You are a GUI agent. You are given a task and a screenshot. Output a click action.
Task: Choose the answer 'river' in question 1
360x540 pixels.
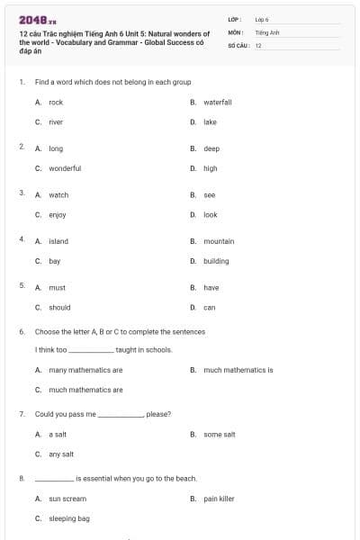56,121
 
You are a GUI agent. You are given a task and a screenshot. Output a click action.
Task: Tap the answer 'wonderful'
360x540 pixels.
65,168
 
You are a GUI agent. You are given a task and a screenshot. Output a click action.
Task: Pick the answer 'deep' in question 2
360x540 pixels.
211,148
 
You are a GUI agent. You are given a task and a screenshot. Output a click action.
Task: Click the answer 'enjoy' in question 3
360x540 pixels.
58,215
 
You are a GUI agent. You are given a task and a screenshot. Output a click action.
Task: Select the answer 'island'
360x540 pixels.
58,241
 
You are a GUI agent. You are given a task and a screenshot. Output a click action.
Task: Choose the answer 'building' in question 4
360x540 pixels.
216,261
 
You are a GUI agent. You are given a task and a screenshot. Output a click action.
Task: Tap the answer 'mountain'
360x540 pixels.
219,241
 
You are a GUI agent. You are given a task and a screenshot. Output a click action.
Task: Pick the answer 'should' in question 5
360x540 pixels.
59,308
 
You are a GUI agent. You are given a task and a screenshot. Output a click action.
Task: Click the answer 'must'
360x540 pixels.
57,288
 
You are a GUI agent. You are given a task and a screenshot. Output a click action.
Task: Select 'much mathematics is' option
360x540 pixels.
238,370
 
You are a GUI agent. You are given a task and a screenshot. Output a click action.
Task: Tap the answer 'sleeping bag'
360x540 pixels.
69,519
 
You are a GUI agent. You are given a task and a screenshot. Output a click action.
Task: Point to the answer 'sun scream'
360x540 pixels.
67,499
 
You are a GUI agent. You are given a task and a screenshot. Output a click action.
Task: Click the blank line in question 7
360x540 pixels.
121,415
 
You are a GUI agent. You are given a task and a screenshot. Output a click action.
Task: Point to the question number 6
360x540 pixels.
22,331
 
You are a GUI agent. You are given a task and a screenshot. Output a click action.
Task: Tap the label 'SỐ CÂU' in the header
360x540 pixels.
238,44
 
